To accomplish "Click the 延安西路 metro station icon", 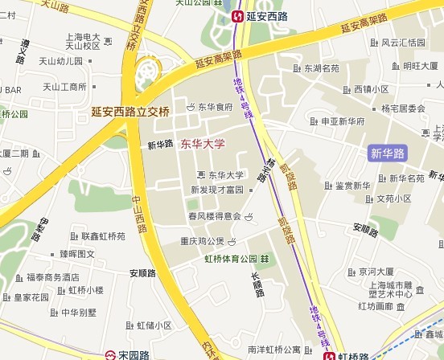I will pyautogui.click(x=239, y=15).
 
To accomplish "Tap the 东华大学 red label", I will pyautogui.click(x=203, y=144).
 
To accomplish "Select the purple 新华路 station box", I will pyautogui.click(x=388, y=153).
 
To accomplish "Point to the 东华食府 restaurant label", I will pyautogui.click(x=215, y=106).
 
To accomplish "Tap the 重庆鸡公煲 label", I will pyautogui.click(x=202, y=241).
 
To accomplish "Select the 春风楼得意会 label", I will pyautogui.click(x=215, y=216).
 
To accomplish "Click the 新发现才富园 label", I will pyautogui.click(x=216, y=190).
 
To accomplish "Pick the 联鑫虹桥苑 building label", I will pyautogui.click(x=102, y=237).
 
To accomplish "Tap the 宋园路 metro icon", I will pyautogui.click(x=109, y=354).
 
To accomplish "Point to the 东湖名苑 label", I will pyautogui.click(x=321, y=69).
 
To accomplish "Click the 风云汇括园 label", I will pyautogui.click(x=403, y=43).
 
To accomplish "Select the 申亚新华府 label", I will pyautogui.click(x=343, y=121).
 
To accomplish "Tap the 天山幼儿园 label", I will pyautogui.click(x=63, y=60).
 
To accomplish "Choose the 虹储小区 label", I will pyautogui.click(x=154, y=325).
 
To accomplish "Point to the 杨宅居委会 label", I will pyautogui.click(x=403, y=108).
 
